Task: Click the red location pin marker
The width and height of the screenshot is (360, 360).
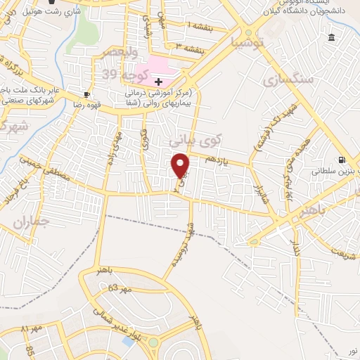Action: [x=181, y=165]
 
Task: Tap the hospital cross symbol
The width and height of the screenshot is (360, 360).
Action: [x=159, y=82]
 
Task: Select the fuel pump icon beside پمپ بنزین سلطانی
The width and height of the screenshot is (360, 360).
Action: [x=342, y=160]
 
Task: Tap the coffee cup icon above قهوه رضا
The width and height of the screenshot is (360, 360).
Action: [x=86, y=94]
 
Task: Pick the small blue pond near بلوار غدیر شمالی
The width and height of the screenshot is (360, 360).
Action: [x=129, y=342]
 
